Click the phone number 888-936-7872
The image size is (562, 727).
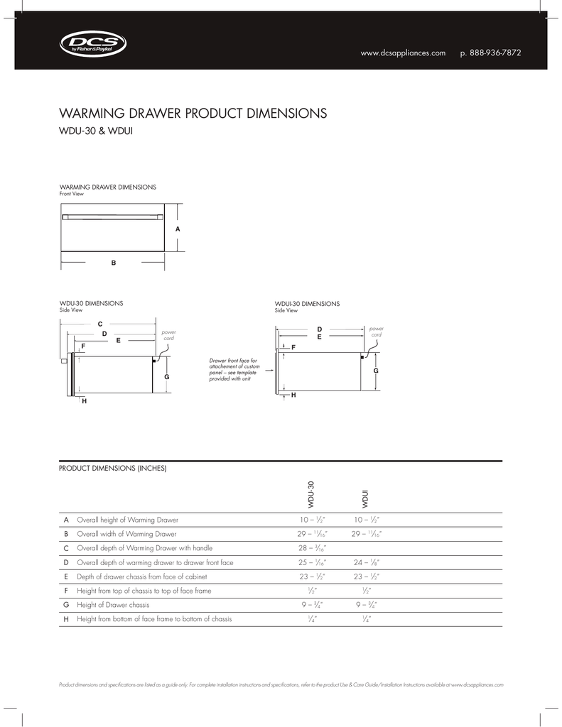pos(491,54)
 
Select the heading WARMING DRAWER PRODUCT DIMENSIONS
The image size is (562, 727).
pos(192,114)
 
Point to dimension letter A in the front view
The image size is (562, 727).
pos(177,229)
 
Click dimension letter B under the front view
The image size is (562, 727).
pos(112,263)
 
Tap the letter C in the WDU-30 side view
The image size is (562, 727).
pos(100,324)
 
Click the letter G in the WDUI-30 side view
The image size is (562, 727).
pos(376,371)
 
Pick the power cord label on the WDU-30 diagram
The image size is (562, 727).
pos(168,335)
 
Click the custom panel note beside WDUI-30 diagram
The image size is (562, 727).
pos(234,370)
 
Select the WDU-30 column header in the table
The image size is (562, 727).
pos(310,494)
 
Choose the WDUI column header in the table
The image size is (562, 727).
pos(364,499)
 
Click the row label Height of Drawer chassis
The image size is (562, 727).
pos(113,605)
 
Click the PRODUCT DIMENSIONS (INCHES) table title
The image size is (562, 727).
pos(112,468)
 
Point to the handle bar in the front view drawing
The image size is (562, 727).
pos(112,217)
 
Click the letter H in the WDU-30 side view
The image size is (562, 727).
pos(84,402)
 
